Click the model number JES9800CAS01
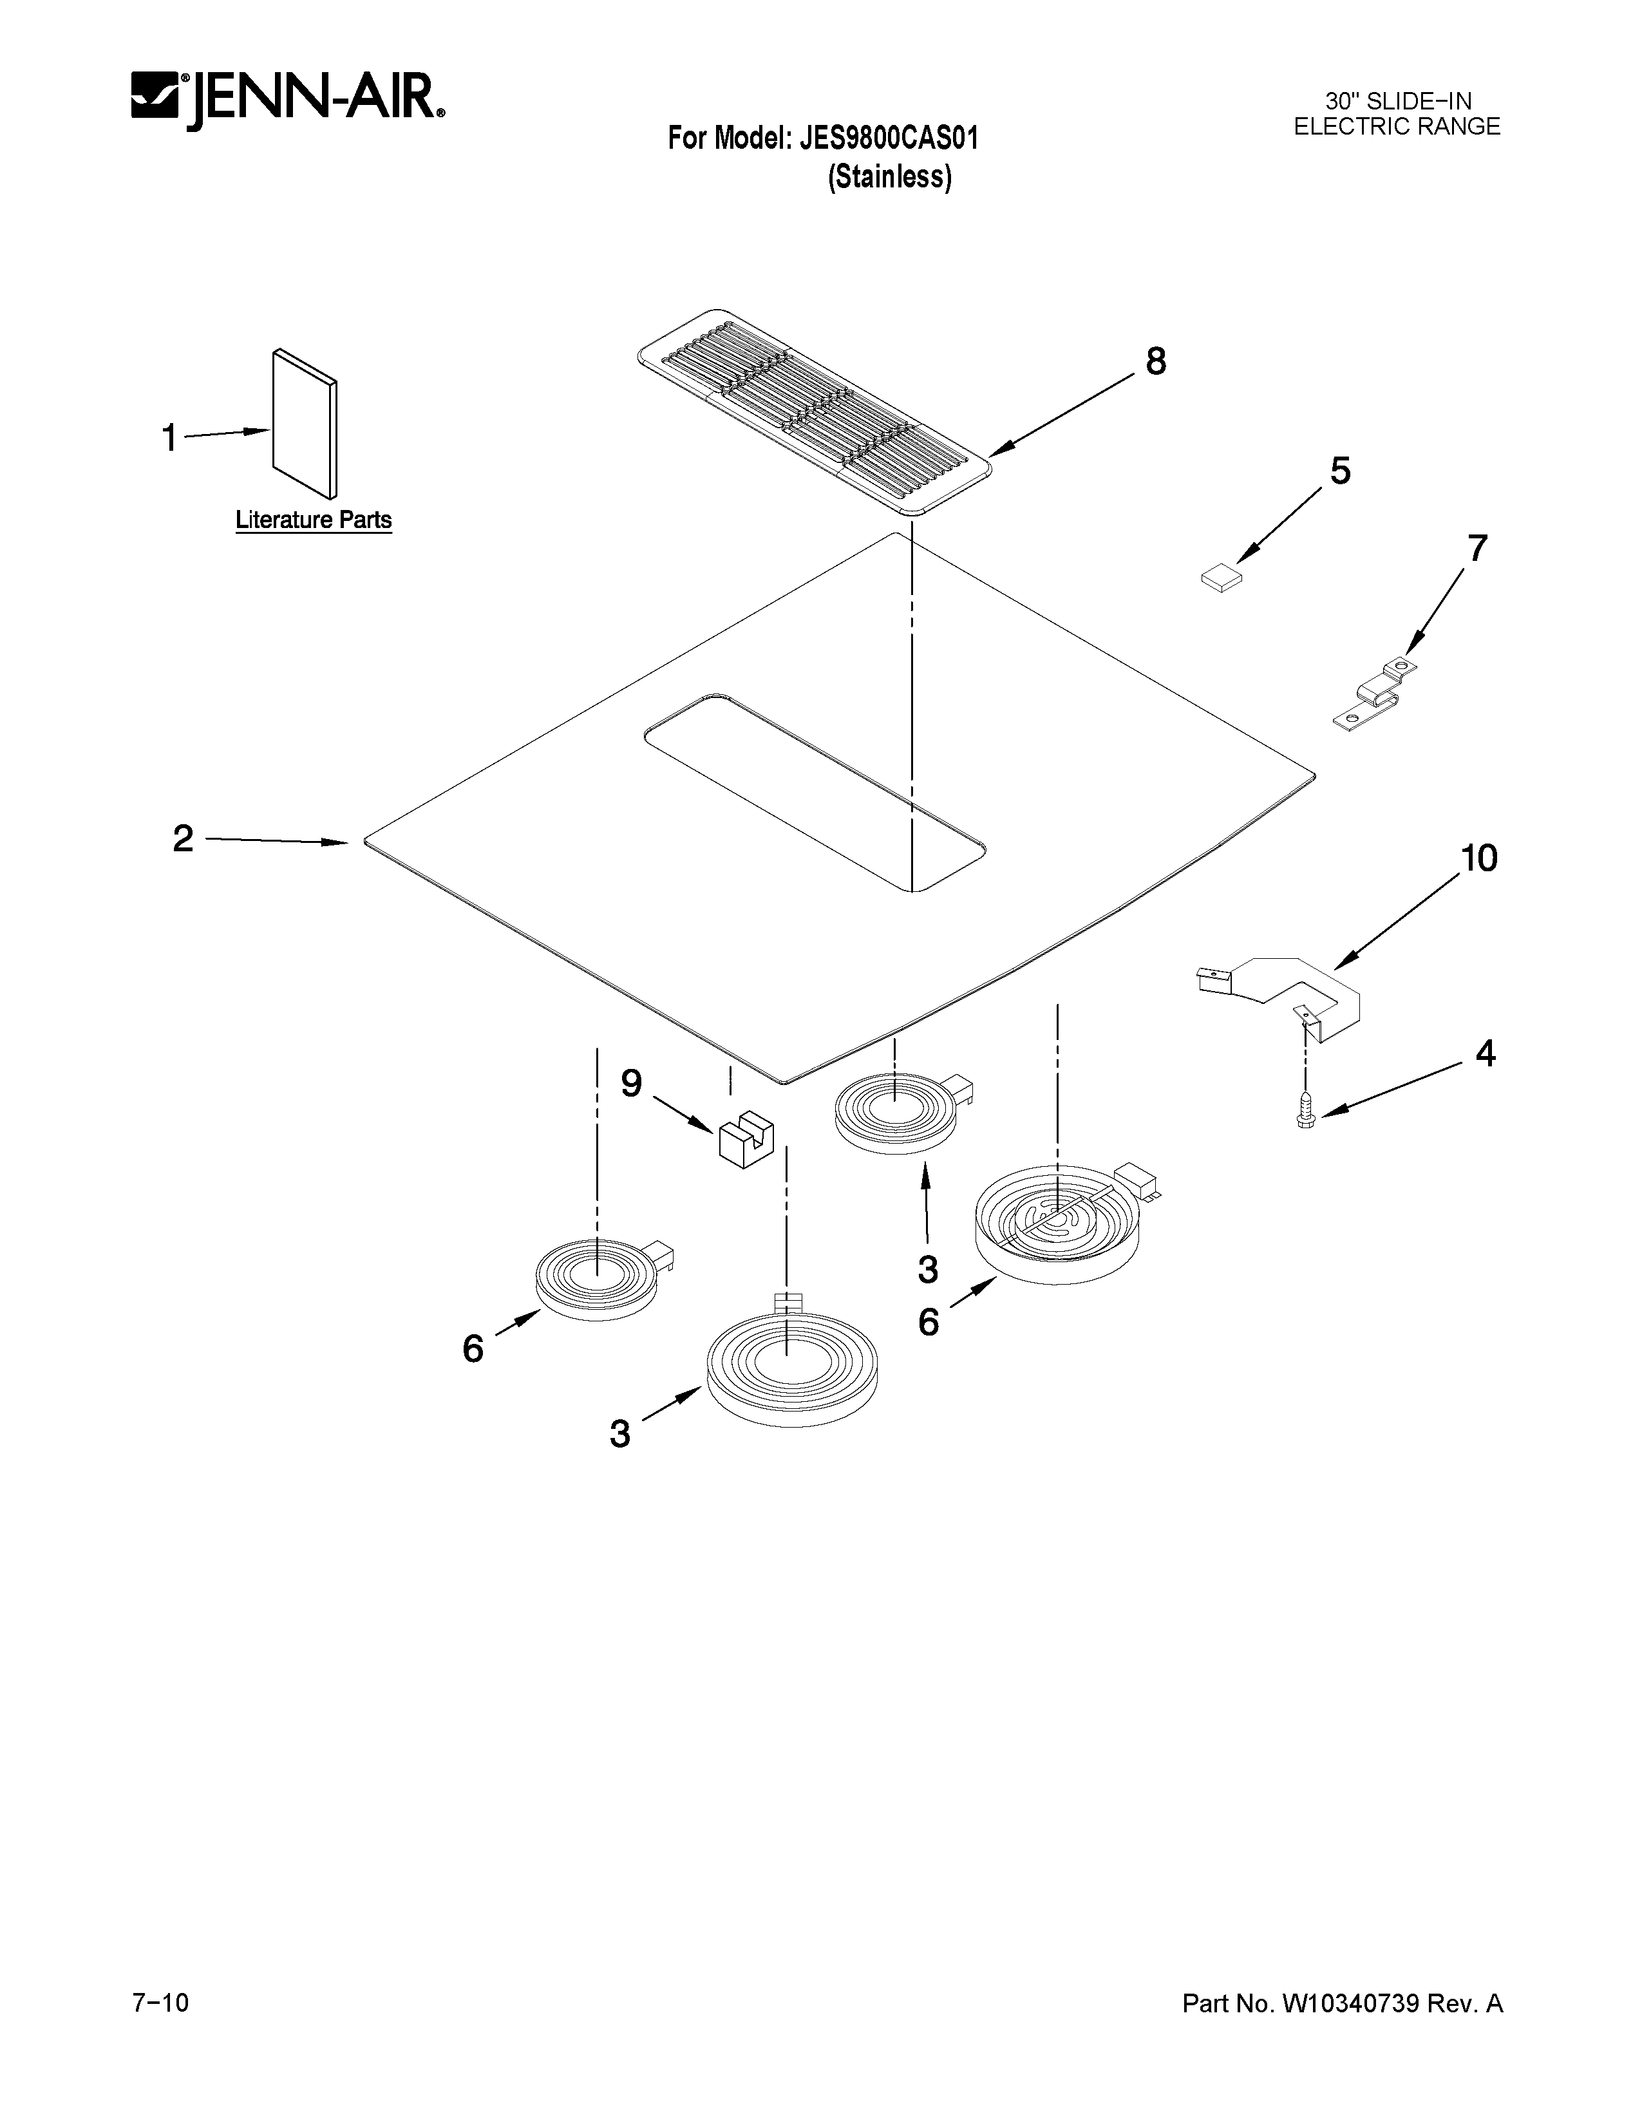coord(888,138)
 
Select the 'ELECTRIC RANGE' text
coord(1397,126)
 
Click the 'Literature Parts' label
coord(313,520)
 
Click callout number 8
coord(1155,361)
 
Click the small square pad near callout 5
coord(1222,579)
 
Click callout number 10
coord(1478,858)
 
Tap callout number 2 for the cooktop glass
coord(183,838)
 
